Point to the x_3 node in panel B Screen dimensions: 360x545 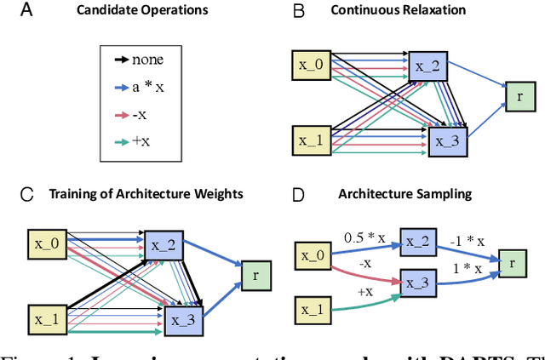tap(448, 140)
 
